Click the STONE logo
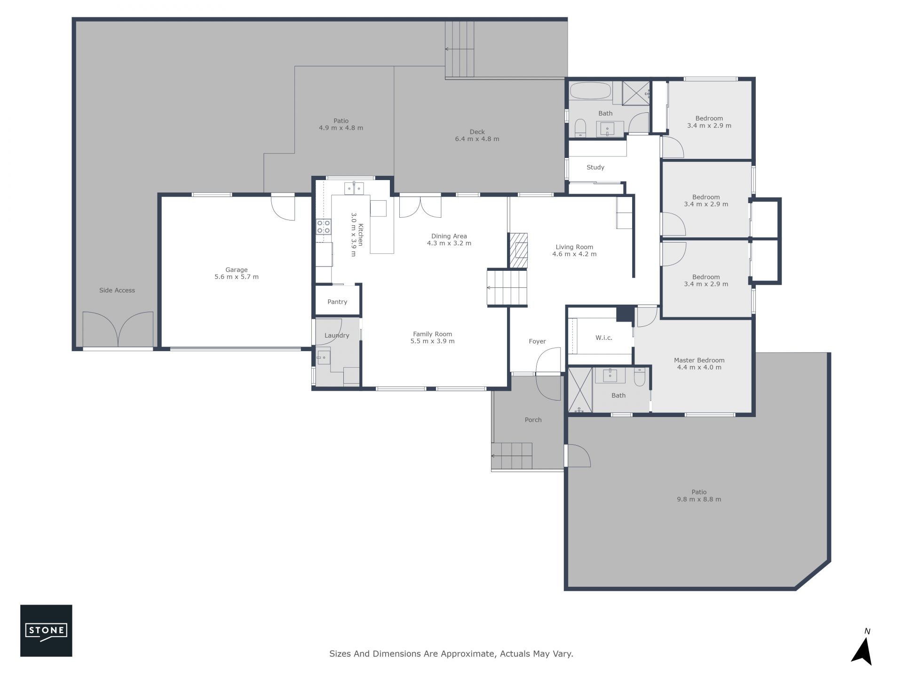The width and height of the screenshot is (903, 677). [46, 630]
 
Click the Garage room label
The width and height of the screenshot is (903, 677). [237, 270]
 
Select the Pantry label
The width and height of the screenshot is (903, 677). [337, 302]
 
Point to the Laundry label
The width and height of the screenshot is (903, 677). [337, 336]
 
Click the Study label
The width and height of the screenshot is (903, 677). [595, 167]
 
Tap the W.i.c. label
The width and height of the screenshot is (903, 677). [604, 338]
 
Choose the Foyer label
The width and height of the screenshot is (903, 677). [537, 341]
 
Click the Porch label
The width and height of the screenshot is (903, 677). [533, 420]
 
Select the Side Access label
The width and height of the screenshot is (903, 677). [117, 291]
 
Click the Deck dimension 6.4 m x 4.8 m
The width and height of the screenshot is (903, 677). [477, 139]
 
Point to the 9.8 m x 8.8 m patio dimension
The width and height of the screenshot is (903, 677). [699, 499]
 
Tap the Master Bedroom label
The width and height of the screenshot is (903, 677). [699, 361]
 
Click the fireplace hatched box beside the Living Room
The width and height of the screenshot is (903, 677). [518, 251]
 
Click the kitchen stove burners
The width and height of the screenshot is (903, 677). [323, 227]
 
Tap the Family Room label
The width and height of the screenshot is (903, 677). [432, 334]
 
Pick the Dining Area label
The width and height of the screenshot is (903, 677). [449, 236]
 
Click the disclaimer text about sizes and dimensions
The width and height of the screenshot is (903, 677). [451, 654]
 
